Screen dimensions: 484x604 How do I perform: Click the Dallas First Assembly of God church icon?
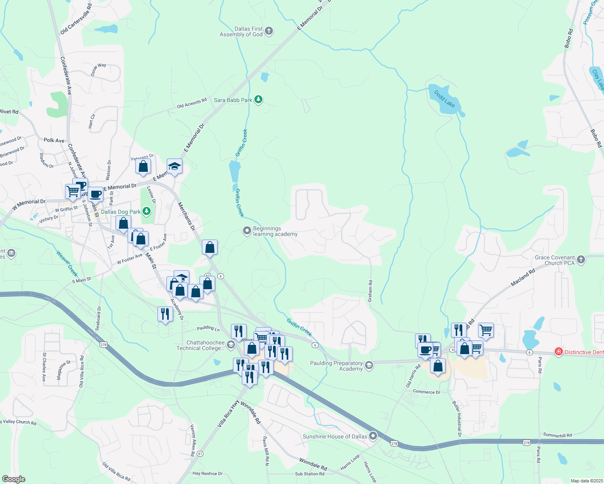pyautogui.click(x=269, y=31)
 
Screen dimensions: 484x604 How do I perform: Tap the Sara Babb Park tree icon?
pyautogui.click(x=258, y=100)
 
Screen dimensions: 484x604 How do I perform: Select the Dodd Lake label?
pyautogui.click(x=445, y=99)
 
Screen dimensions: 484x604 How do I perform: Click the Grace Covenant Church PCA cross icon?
pyautogui.click(x=581, y=260)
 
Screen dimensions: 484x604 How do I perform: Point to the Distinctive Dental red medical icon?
pyautogui.click(x=559, y=352)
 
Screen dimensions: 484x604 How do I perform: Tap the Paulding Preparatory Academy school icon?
pyautogui.click(x=369, y=365)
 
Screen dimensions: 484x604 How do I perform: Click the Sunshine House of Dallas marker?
pyautogui.click(x=373, y=436)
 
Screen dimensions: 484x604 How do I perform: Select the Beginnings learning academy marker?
pyautogui.click(x=247, y=231)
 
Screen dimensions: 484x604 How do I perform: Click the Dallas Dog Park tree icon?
pyautogui.click(x=147, y=211)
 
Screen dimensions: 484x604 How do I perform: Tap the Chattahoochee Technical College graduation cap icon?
pyautogui.click(x=231, y=345)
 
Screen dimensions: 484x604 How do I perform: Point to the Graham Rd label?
pyautogui.click(x=370, y=291)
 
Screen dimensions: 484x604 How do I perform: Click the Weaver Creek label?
pyautogui.click(x=67, y=263)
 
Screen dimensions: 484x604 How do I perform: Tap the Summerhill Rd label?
pyautogui.click(x=558, y=435)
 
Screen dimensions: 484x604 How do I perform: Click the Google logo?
pyautogui.click(x=13, y=479)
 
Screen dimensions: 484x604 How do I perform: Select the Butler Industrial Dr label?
pyautogui.click(x=457, y=419)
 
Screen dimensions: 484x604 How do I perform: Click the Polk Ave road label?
pyautogui.click(x=54, y=140)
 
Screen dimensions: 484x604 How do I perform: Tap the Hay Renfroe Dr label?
pyautogui.click(x=208, y=474)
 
